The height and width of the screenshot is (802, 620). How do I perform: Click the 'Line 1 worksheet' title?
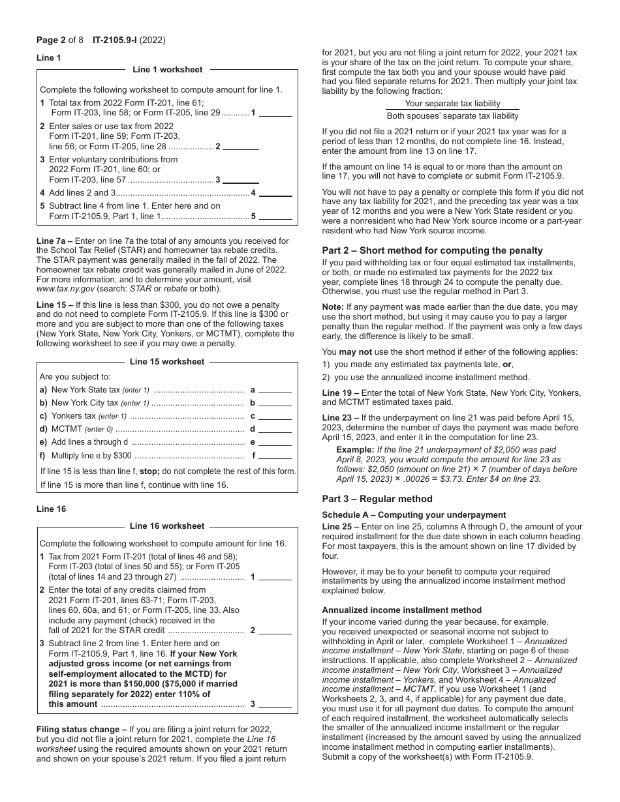(167, 70)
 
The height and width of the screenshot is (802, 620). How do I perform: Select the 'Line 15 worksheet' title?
(167, 362)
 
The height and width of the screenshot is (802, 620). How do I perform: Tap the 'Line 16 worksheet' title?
(167, 526)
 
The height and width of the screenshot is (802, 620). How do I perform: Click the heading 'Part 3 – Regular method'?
(377, 499)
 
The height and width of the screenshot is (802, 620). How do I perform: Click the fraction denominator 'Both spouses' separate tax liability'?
(452, 116)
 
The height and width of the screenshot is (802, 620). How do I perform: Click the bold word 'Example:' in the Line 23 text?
(355, 450)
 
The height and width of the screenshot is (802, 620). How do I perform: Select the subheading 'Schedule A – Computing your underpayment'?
(414, 515)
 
